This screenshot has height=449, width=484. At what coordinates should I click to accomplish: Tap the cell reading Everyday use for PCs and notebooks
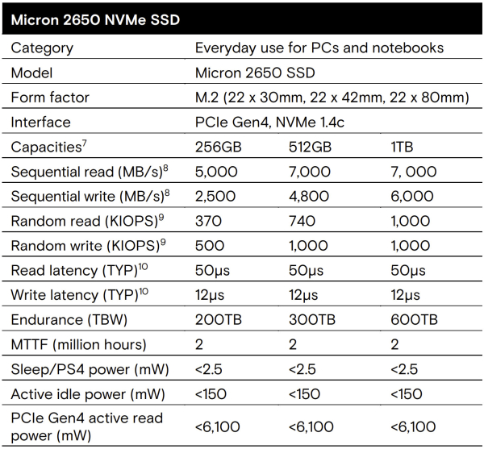coord(319,48)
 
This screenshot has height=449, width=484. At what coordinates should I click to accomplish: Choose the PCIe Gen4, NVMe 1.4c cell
coord(275,123)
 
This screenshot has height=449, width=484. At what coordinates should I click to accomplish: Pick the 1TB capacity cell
coord(401,148)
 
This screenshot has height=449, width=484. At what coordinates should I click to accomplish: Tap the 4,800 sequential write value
coord(310,197)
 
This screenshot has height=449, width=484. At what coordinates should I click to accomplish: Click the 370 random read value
coord(208,221)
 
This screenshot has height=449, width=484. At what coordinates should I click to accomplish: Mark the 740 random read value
coord(302,221)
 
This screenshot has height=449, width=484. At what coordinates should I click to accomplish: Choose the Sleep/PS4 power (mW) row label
coord(90,368)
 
